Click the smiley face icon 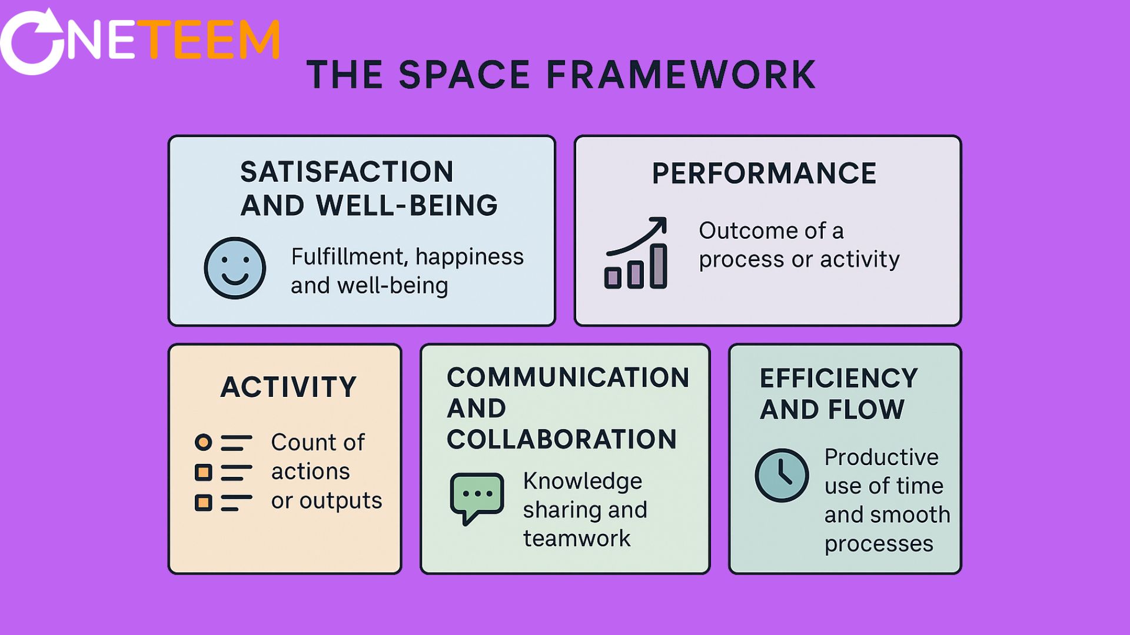pos(235,268)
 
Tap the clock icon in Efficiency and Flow pos(782,475)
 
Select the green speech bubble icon pos(477,497)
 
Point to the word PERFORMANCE pos(764,173)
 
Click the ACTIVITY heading pos(288,387)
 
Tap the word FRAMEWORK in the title pos(681,75)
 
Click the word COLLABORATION pos(561,439)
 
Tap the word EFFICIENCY pos(839,378)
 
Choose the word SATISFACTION pos(347,172)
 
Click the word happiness pos(470,257)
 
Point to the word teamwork pos(577,539)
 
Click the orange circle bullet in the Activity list pos(203,442)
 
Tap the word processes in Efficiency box pos(879,544)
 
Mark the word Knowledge pos(583,481)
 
